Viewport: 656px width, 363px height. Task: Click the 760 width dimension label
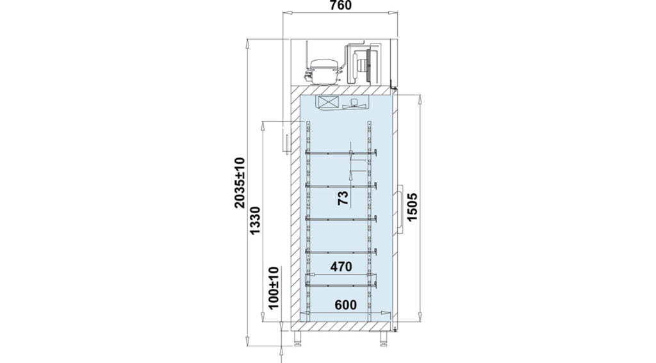[x=341, y=5]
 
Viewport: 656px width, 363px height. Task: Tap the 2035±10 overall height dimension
[x=239, y=182]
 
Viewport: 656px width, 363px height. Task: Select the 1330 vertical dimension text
[x=255, y=220]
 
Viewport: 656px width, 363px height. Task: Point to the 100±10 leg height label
[x=274, y=287]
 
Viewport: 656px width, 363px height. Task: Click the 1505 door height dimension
[x=412, y=207]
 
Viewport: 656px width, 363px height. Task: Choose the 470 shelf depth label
[x=341, y=266]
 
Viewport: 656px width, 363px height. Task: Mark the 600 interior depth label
[x=345, y=305]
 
